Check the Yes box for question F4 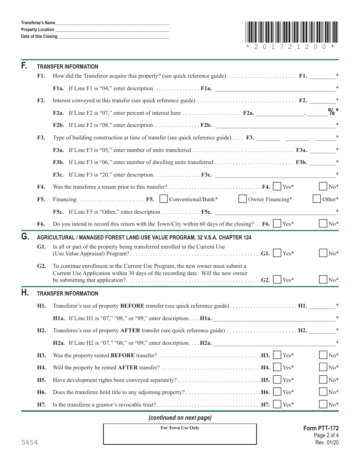[277, 186]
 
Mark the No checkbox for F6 [323, 224]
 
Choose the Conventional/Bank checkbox [164, 199]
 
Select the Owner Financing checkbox [243, 199]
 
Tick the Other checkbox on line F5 [317, 199]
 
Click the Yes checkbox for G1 [277, 253]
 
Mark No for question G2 [323, 280]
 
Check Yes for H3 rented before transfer [277, 355]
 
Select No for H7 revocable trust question [323, 404]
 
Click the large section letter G [25, 237]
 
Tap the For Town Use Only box [180, 434]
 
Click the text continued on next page [180, 418]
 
